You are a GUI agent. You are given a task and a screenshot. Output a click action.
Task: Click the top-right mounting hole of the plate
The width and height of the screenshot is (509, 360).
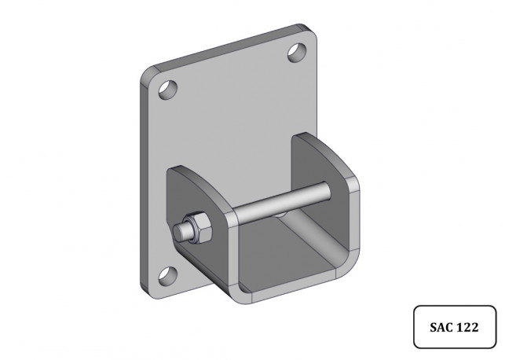[x=297, y=53]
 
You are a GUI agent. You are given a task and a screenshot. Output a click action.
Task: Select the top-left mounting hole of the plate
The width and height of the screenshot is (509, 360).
[x=168, y=90]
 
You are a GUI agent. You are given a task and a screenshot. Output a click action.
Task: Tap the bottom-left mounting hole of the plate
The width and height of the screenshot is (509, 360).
[x=168, y=276]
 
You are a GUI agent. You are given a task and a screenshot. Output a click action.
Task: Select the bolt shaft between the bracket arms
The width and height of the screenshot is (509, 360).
[x=282, y=201]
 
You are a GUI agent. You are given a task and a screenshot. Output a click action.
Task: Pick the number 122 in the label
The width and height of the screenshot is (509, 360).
[x=468, y=327]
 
